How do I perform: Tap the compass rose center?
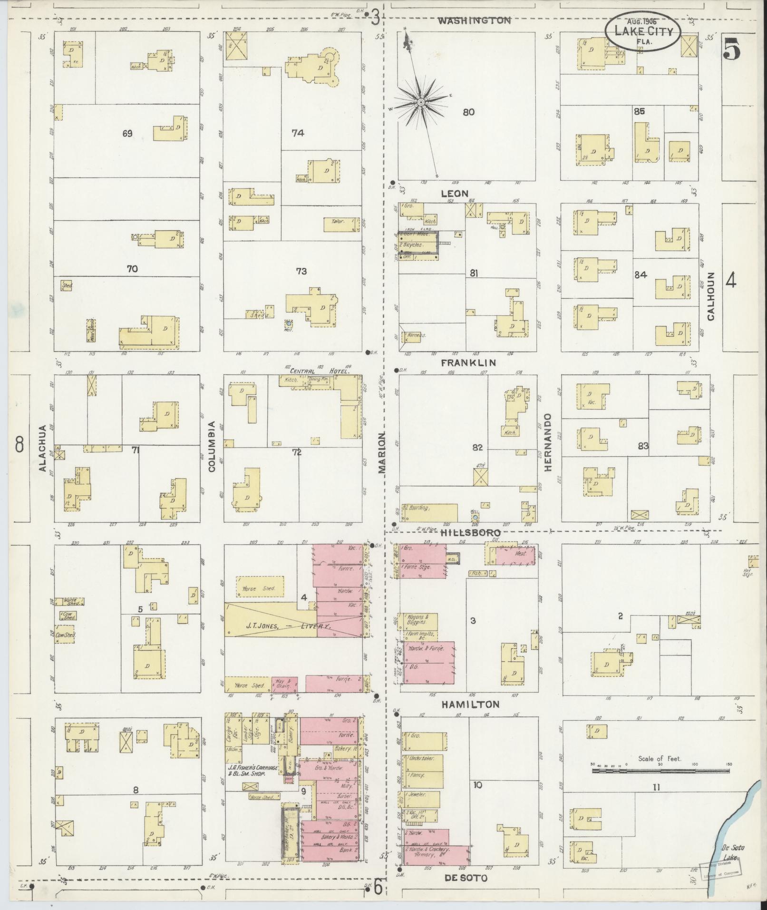coord(421,102)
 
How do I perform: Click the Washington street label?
coord(474,20)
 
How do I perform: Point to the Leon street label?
coord(455,194)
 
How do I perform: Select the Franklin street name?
coord(468,362)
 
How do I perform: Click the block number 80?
coord(468,112)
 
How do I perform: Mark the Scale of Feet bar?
coord(661,770)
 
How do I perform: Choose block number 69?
coord(127,134)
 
